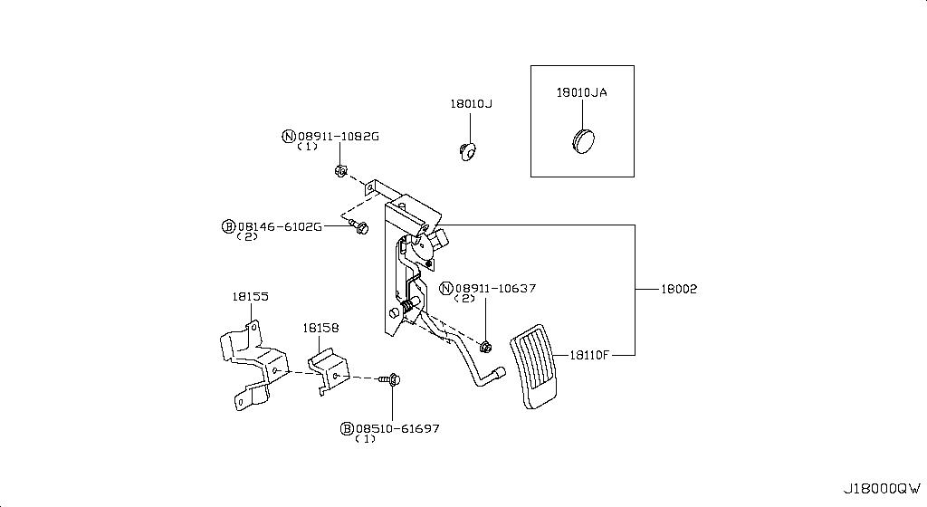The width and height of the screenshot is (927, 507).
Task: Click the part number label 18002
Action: point(679,289)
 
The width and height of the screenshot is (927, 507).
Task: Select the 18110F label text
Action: point(589,355)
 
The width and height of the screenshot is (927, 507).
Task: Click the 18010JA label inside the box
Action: point(581,93)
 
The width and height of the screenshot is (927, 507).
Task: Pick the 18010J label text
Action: point(471,104)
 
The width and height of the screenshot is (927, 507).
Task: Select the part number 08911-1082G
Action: point(338,136)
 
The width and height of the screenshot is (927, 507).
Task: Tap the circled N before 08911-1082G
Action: point(289,137)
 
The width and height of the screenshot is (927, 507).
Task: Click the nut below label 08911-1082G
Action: point(340,169)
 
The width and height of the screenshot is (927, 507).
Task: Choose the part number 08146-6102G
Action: point(279,225)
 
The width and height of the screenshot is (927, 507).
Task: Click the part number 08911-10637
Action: point(495,288)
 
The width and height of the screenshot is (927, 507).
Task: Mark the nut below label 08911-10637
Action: point(486,345)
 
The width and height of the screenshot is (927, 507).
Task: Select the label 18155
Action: point(249,296)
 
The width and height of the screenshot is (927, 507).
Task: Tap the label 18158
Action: point(320,329)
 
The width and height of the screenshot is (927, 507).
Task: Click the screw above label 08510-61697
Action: point(393,381)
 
